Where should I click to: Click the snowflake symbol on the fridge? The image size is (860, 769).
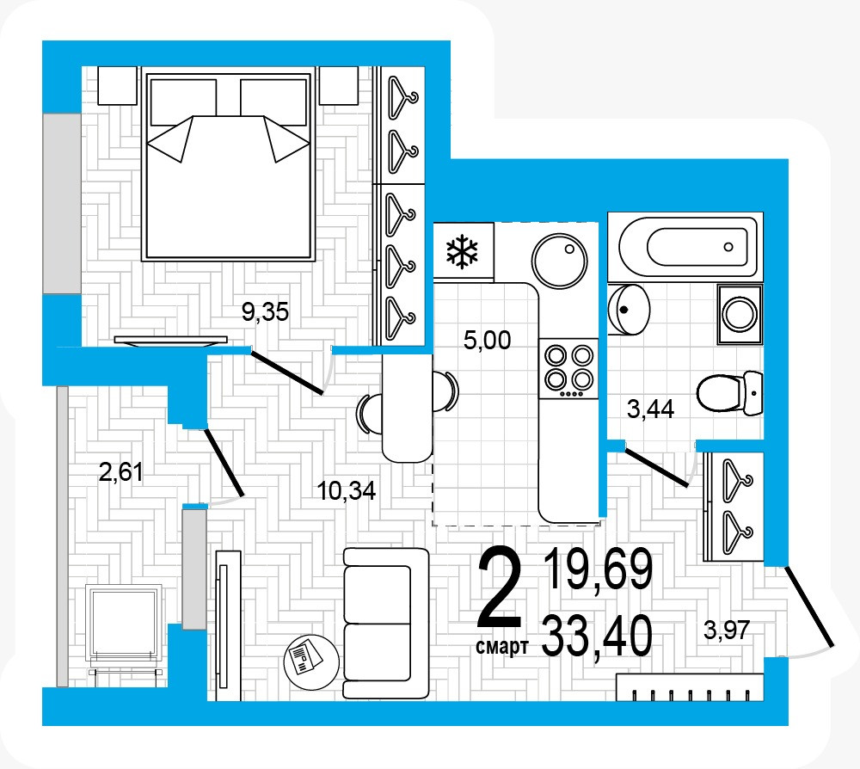click(x=462, y=252)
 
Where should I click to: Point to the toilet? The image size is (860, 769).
click(x=729, y=392)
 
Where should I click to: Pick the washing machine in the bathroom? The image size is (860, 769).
click(x=740, y=314)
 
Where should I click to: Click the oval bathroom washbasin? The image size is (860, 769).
click(x=629, y=310)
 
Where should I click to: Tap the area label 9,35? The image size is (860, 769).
click(x=265, y=312)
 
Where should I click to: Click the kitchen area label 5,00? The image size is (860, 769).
click(x=487, y=340)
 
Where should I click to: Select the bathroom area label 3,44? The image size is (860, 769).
click(x=650, y=409)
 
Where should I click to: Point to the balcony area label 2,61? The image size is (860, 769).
click(x=120, y=471)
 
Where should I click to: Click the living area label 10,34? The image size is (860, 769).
click(x=347, y=490)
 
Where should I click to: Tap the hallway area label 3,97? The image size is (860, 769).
click(x=727, y=630)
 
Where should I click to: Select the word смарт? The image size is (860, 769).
click(x=502, y=647)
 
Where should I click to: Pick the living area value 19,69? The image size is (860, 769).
click(x=599, y=569)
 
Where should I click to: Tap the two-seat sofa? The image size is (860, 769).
click(x=386, y=624)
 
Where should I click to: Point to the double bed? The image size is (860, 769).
click(x=229, y=163)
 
